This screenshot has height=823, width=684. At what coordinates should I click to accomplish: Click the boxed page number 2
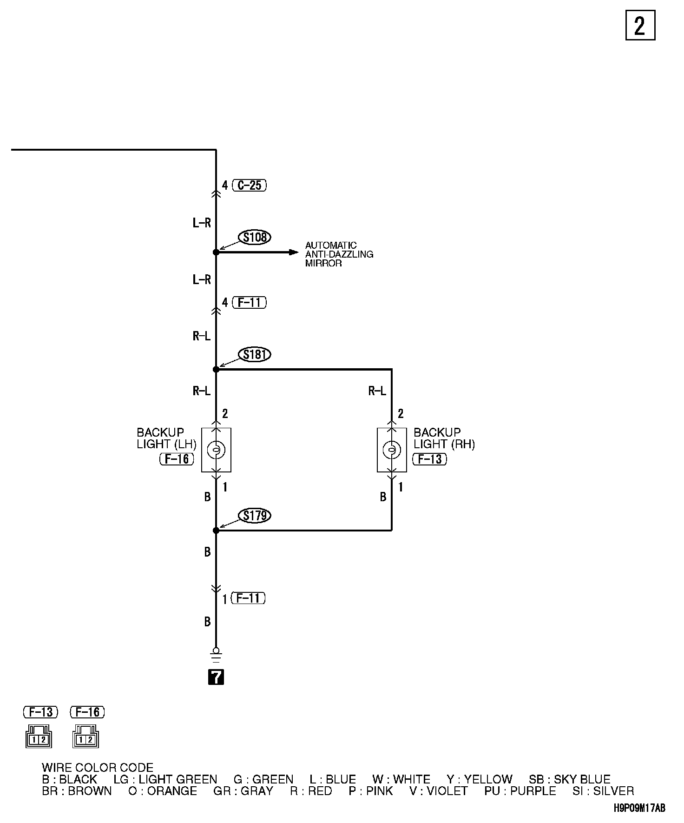tap(640, 25)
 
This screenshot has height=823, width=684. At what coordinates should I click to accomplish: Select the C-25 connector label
tap(250, 185)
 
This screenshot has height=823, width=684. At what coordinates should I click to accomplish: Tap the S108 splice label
tap(255, 237)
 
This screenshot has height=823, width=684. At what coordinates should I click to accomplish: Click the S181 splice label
tap(255, 354)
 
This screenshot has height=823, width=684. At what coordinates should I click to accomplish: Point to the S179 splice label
tap(255, 515)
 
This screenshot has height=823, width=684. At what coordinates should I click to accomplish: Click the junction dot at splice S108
tap(216, 252)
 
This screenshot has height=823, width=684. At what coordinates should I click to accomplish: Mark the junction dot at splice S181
tap(216, 369)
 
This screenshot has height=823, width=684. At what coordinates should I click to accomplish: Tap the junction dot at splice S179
tap(216, 530)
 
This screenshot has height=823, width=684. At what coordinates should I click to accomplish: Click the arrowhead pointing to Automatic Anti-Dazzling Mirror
tap(294, 252)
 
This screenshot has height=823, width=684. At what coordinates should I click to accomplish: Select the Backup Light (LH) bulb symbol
tap(216, 450)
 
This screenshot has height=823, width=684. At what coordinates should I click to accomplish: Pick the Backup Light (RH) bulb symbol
tap(392, 450)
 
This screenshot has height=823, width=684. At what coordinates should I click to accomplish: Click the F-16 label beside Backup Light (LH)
tap(177, 459)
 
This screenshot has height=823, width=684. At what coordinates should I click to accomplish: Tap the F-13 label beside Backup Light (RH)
tap(430, 459)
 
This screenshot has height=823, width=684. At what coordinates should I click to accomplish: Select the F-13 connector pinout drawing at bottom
tap(39, 736)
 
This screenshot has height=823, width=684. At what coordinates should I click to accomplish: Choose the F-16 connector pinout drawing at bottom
tap(86, 736)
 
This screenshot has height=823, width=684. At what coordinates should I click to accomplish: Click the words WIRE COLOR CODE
tap(98, 768)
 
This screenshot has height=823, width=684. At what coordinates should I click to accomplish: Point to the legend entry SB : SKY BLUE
tap(569, 779)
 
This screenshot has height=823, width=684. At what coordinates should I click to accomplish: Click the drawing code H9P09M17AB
tap(639, 808)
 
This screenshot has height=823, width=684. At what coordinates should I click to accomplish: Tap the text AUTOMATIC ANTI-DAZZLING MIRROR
tap(339, 254)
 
